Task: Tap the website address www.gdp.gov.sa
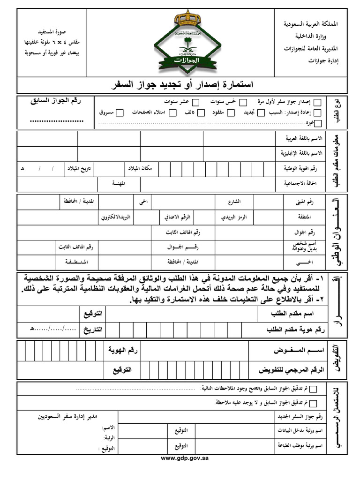[x=184, y=458]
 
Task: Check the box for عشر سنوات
[x=196, y=102]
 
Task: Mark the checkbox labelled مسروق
[x=120, y=112]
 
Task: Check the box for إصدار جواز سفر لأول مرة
[x=318, y=102]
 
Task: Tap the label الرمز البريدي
[x=237, y=217]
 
